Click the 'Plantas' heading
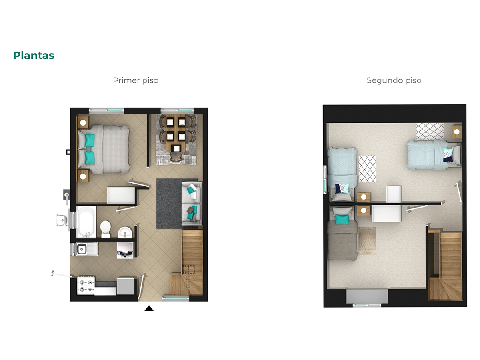34,55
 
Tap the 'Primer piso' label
136,80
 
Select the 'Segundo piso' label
394,80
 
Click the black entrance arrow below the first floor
149,308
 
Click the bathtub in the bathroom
86,222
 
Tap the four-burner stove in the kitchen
86,286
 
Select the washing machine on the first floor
125,250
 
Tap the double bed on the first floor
104,149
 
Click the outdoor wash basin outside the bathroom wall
62,220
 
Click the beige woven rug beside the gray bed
367,241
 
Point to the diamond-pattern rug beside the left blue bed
367,169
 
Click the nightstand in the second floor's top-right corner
457,132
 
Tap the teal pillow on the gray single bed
342,220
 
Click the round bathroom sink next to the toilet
125,232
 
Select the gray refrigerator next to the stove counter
126,286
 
